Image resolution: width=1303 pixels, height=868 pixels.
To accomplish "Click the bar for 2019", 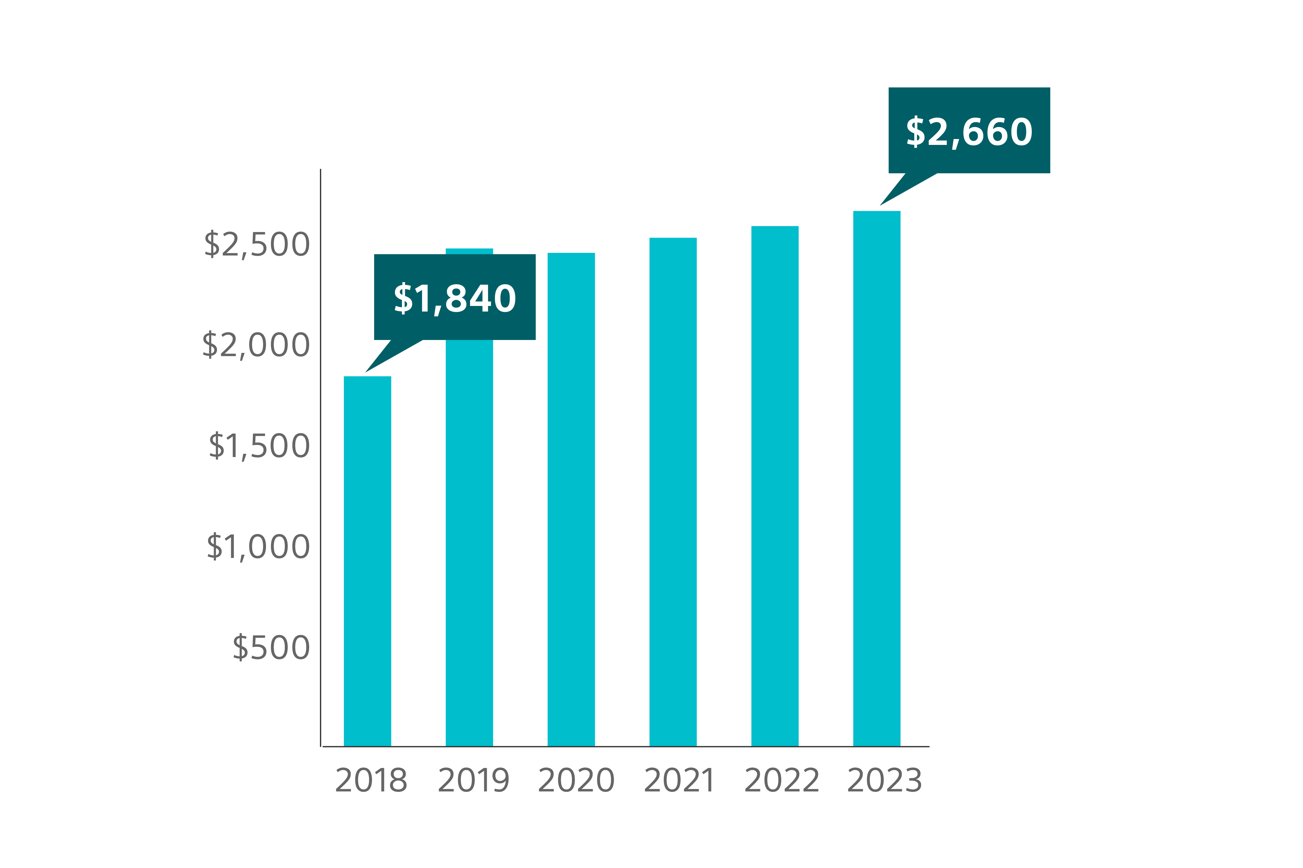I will (x=469, y=542).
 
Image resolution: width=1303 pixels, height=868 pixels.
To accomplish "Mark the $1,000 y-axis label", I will (x=257, y=546).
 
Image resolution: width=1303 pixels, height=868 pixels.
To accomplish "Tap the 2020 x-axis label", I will (x=576, y=781).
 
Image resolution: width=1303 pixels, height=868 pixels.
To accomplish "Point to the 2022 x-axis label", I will (x=781, y=781).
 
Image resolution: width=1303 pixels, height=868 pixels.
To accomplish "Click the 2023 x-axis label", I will (x=884, y=781).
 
